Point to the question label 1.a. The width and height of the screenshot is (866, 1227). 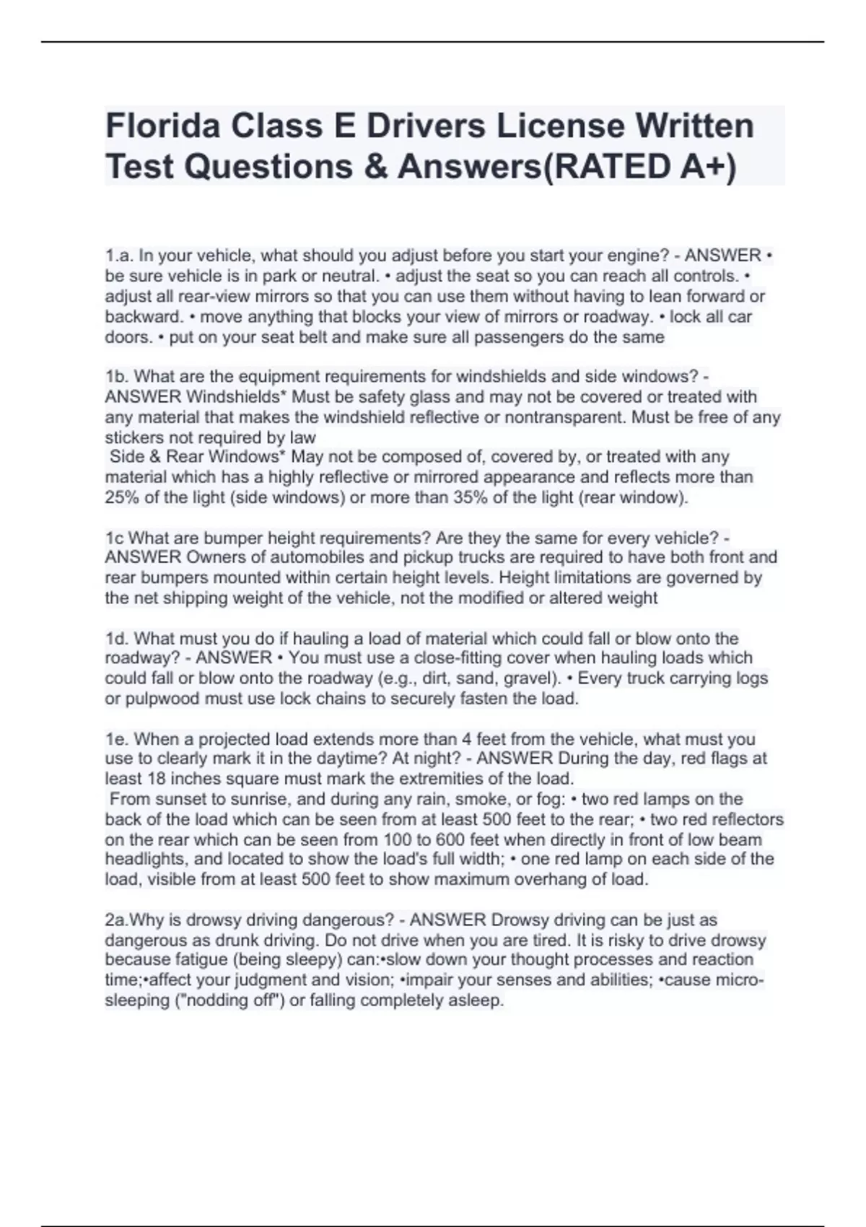(x=119, y=256)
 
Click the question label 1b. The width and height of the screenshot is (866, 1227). (x=115, y=376)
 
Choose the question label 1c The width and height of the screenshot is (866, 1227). (x=114, y=538)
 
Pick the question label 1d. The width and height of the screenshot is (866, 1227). (x=116, y=638)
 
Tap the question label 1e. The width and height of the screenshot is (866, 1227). (x=116, y=739)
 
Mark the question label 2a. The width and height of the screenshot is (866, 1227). (x=115, y=920)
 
